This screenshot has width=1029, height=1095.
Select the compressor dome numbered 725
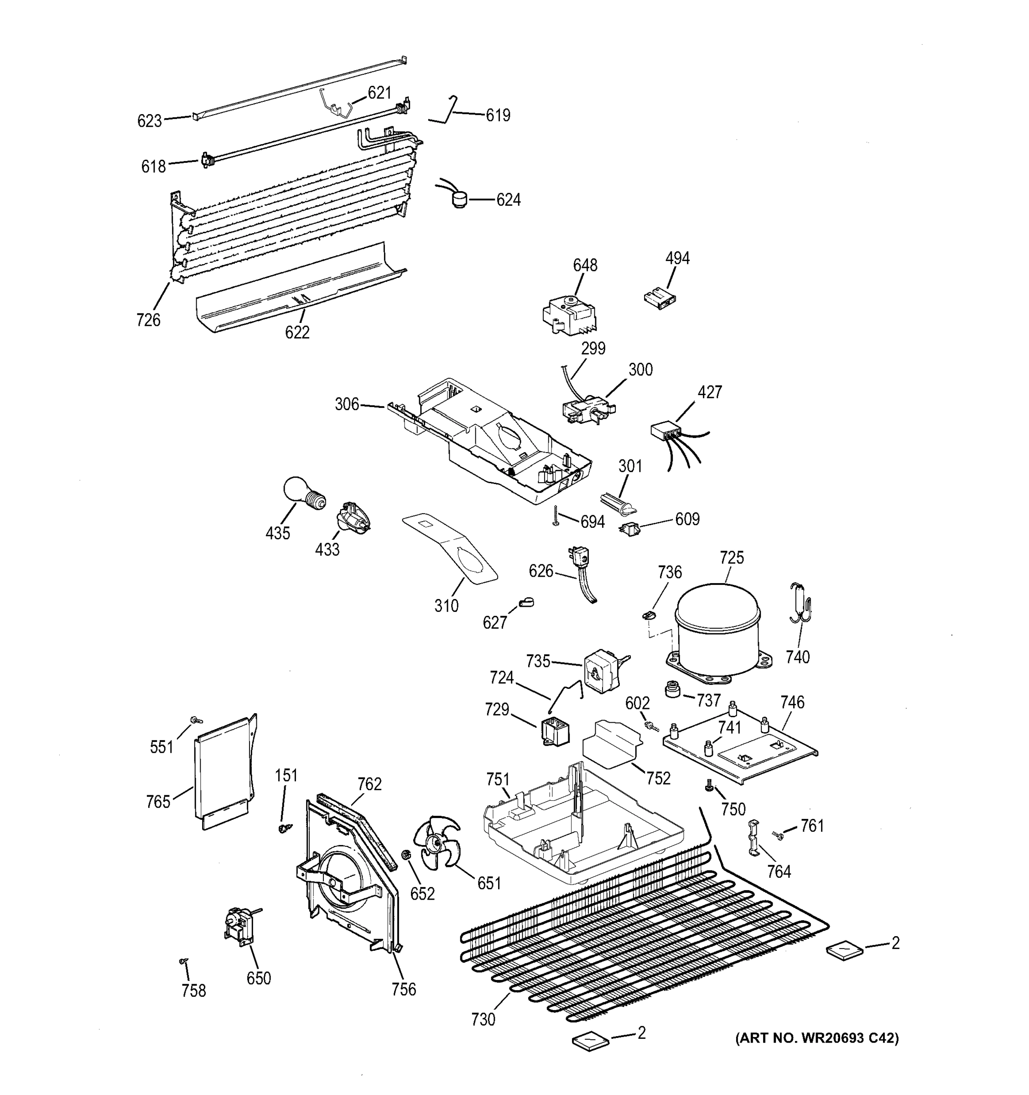click(x=717, y=627)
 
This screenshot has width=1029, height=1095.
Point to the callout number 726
click(x=148, y=319)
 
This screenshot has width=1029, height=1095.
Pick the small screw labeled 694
click(x=556, y=516)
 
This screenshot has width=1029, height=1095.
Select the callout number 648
click(x=585, y=265)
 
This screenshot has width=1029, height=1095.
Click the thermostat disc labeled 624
click(x=457, y=199)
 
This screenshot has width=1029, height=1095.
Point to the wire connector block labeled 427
click(x=664, y=430)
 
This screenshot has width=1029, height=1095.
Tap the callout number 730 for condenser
click(x=483, y=1020)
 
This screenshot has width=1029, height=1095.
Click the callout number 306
click(x=347, y=404)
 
